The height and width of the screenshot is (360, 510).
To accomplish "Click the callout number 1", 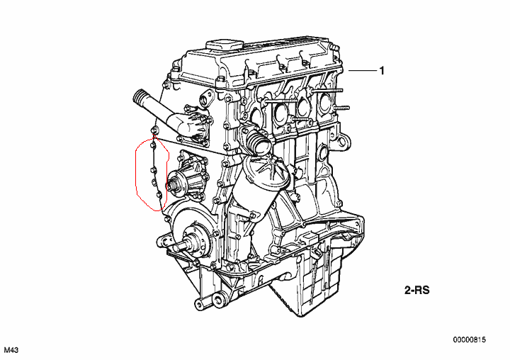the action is click(x=382, y=71).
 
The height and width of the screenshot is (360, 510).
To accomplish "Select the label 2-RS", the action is click(x=417, y=290).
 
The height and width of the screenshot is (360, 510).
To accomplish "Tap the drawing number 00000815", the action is click(x=470, y=340).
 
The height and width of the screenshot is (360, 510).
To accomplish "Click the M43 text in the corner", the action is click(x=11, y=350).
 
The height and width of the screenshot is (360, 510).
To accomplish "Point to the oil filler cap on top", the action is click(x=225, y=45).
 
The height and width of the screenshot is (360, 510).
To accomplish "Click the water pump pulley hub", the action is click(x=174, y=186).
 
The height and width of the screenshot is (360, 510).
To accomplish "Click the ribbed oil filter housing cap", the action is click(x=263, y=170).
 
